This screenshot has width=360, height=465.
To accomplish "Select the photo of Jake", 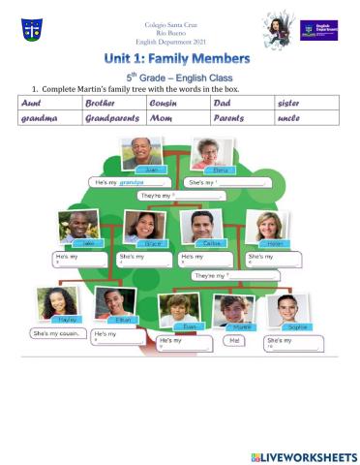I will (x=77, y=229).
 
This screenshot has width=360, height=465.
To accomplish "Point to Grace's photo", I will (x=142, y=228).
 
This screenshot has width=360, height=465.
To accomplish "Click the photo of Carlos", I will (x=201, y=229).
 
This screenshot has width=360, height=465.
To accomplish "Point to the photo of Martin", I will (x=233, y=312).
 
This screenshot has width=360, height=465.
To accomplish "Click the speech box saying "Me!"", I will (x=233, y=340).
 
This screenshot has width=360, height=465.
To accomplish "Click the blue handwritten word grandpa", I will (x=149, y=181).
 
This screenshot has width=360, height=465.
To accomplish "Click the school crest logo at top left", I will (x=31, y=29).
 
